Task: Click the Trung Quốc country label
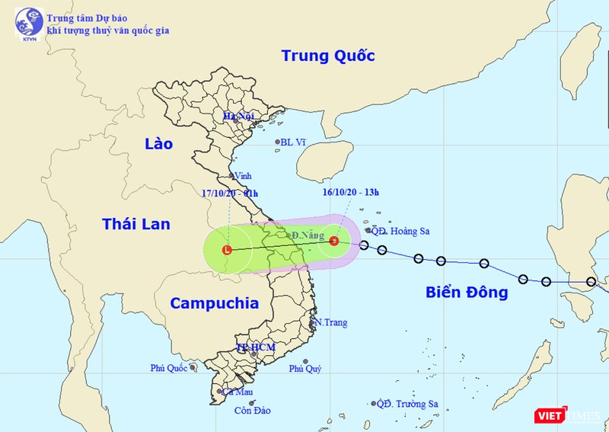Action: coord(328,56)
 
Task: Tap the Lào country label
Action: coord(158,143)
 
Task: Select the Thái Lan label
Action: coord(136,223)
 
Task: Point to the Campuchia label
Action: coord(214,303)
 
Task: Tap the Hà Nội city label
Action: coord(238,117)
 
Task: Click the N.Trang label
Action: coord(331,322)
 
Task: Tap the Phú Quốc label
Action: coord(168,367)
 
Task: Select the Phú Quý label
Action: coord(304,369)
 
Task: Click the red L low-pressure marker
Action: coord(228,249)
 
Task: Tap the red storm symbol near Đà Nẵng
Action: coord(333,241)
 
